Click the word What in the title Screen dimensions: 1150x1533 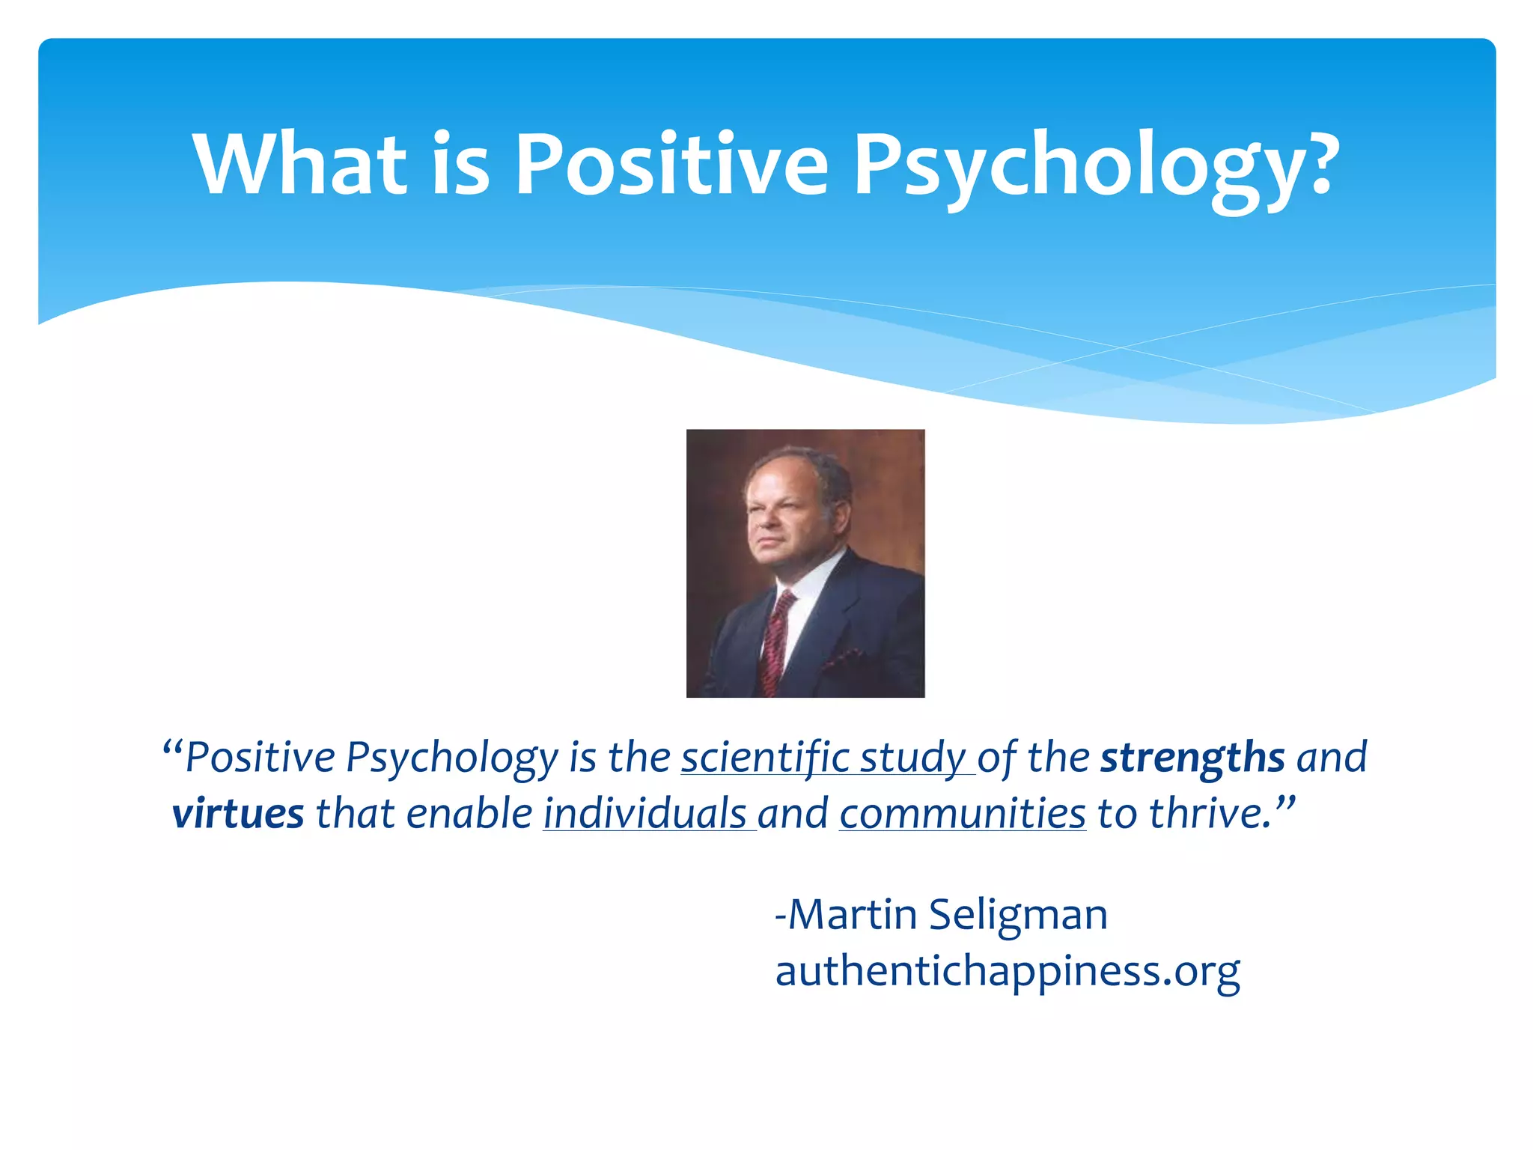[x=299, y=164]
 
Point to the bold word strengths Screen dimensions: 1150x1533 [x=1192, y=758]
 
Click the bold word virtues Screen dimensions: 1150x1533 [x=238, y=814]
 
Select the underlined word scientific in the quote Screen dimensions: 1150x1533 [x=764, y=758]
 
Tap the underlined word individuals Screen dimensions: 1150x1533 [x=644, y=814]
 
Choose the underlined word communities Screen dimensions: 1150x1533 [x=962, y=814]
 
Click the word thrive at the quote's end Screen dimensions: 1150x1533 [x=1209, y=814]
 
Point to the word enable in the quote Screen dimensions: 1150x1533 [x=469, y=814]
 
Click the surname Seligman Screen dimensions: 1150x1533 [x=1017, y=915]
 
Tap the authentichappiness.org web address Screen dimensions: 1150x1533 [x=1007, y=971]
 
